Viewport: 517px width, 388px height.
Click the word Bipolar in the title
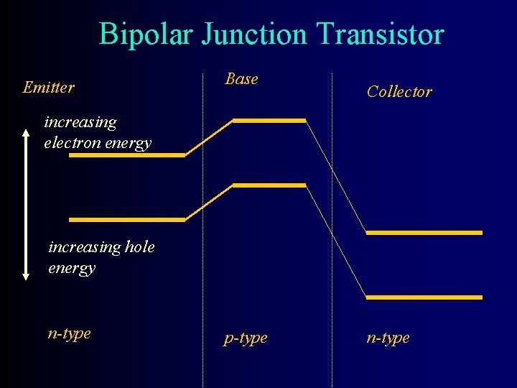click(x=146, y=34)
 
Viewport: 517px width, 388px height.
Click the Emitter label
click(x=48, y=88)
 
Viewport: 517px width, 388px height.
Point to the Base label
click(x=241, y=79)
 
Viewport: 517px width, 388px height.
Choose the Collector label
click(x=399, y=91)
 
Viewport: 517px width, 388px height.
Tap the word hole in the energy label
click(x=139, y=247)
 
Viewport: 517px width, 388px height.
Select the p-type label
click(x=246, y=338)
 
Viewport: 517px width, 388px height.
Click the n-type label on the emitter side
click(x=69, y=333)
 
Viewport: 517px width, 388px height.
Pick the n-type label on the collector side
click(x=388, y=338)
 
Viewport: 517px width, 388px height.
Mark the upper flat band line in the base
click(x=269, y=121)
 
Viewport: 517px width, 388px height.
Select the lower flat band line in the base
click(x=269, y=185)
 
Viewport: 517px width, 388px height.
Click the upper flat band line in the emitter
click(x=127, y=154)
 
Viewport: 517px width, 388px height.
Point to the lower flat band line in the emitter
click(x=127, y=219)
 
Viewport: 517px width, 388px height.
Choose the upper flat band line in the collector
click(x=424, y=233)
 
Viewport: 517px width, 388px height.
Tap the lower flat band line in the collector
click(x=424, y=297)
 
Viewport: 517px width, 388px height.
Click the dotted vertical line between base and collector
click(x=332, y=216)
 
